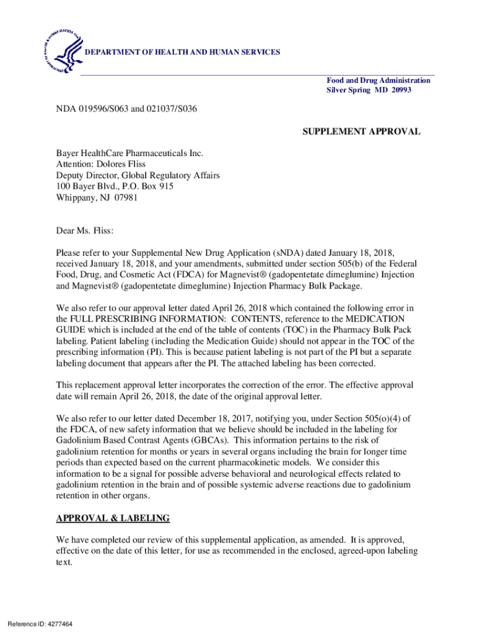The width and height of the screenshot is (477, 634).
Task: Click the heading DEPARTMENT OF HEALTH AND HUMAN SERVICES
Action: (182, 52)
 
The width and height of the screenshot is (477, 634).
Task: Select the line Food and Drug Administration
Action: (379, 80)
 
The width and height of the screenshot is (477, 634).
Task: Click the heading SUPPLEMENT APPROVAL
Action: (361, 131)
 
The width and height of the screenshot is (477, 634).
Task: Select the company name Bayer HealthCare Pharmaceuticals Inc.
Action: (129, 153)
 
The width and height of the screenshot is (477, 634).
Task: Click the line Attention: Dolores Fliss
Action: (101, 164)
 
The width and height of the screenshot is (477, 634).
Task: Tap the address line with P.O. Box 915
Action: (115, 186)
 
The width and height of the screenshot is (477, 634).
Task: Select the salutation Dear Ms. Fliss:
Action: (85, 231)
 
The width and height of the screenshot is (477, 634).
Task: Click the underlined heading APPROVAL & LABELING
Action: (113, 518)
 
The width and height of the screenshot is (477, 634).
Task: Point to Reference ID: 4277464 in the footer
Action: (40, 623)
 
